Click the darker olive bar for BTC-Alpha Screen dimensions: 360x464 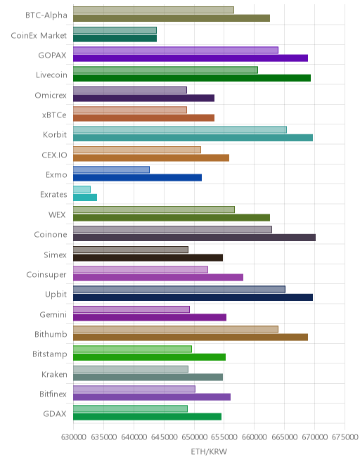[172, 18]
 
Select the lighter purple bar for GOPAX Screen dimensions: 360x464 [176, 50]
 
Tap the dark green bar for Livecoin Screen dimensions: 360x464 [192, 78]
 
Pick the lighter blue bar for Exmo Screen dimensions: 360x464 [111, 169]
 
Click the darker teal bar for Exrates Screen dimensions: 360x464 [85, 198]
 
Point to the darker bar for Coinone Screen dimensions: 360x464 [194, 238]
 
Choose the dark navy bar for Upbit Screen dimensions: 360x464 [193, 297]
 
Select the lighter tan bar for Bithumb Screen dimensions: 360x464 [176, 329]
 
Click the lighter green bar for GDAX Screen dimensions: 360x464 [130, 408]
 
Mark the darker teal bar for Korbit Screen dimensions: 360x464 [193, 138]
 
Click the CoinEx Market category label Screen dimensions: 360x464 [39, 36]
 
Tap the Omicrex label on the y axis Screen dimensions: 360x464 [51, 96]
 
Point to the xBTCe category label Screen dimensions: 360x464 [54, 115]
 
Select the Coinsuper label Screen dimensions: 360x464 [46, 275]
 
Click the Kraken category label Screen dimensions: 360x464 [54, 374]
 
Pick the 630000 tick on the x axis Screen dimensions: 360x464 [73, 437]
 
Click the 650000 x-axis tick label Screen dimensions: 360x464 [194, 437]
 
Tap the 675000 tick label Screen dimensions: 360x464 [345, 437]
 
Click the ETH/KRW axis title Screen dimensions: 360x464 [209, 451]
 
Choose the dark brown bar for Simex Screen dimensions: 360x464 [148, 257]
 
